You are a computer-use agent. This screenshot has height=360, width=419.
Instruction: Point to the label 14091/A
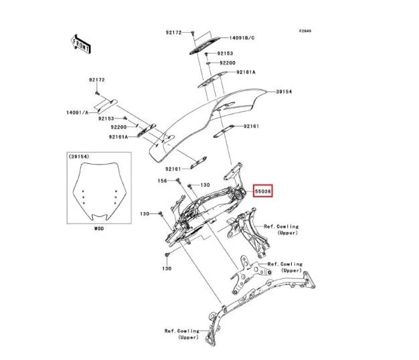point(77,113)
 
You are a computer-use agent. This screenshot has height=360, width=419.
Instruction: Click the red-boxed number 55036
point(264,191)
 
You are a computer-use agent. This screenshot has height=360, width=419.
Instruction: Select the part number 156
point(162,181)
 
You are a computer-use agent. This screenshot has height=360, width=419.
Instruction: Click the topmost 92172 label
point(175,31)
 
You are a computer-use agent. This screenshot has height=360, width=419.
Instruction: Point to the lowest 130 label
point(167,268)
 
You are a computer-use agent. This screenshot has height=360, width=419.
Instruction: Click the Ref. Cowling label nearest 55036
point(281,230)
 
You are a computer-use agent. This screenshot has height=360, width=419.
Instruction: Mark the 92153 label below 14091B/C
point(225,53)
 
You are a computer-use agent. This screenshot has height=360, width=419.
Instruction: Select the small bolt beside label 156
point(174,181)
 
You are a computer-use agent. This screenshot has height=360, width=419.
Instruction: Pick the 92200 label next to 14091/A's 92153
point(118,126)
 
